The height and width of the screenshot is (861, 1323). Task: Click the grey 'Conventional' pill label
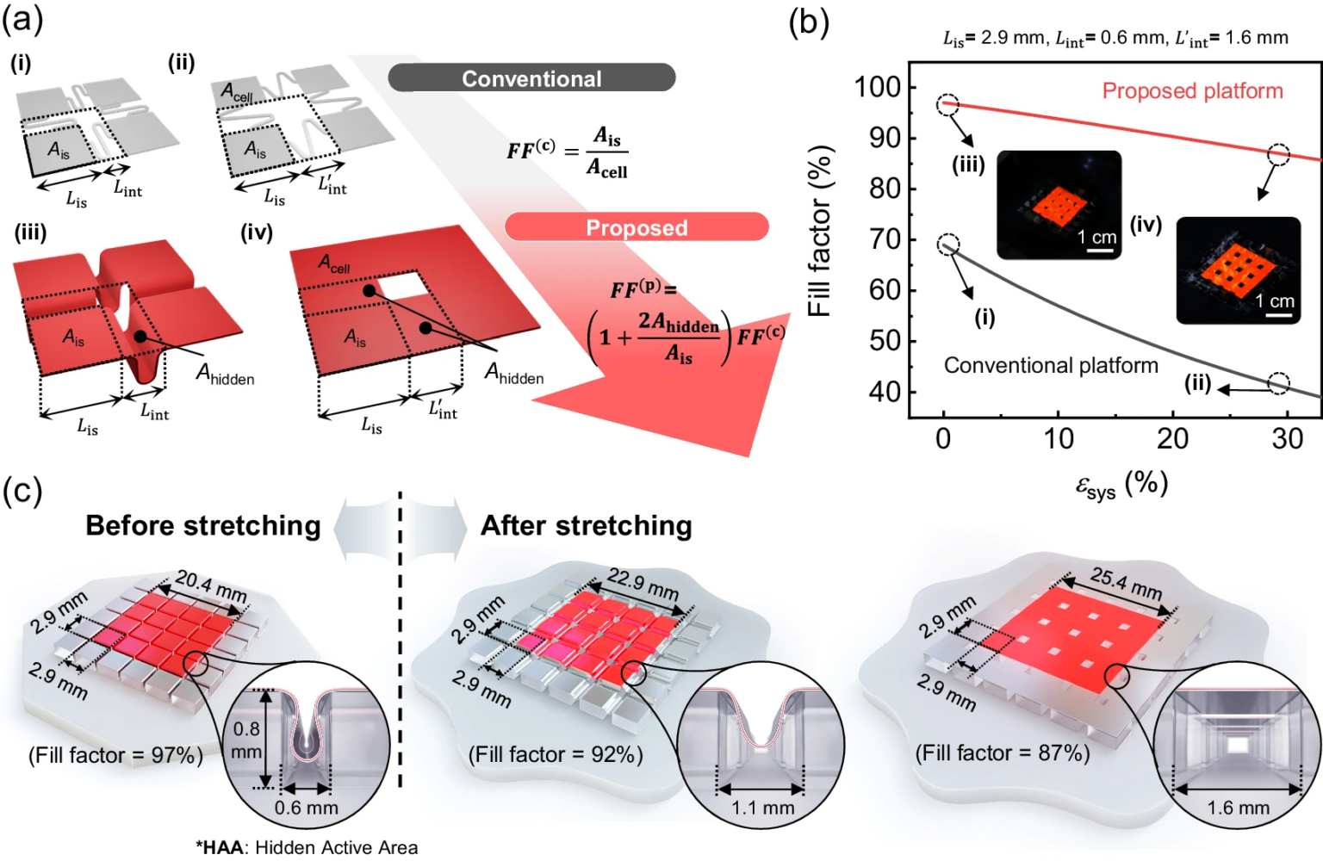coord(531,78)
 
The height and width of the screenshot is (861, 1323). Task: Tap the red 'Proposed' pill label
coord(637,227)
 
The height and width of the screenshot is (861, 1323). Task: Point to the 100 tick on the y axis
coord(877,87)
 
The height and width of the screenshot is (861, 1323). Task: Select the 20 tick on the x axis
coord(1172,439)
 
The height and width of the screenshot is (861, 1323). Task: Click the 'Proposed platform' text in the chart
coord(1192,91)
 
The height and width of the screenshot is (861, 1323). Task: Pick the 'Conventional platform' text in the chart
coord(1051,366)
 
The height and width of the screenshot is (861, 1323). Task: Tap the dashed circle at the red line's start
coord(947,105)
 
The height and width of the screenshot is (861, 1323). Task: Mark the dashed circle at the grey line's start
coord(947,245)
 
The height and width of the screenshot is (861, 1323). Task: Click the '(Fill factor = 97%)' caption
coord(115,755)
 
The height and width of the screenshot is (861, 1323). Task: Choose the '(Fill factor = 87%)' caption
coord(1003,753)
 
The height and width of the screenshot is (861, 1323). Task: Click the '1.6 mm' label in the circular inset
coord(1238,808)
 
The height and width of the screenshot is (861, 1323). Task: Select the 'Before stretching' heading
coord(203,525)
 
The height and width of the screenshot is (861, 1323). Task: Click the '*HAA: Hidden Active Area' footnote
coord(307,847)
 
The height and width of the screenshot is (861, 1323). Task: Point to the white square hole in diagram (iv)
coord(402,285)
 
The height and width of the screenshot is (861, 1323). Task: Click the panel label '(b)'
coord(809,22)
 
